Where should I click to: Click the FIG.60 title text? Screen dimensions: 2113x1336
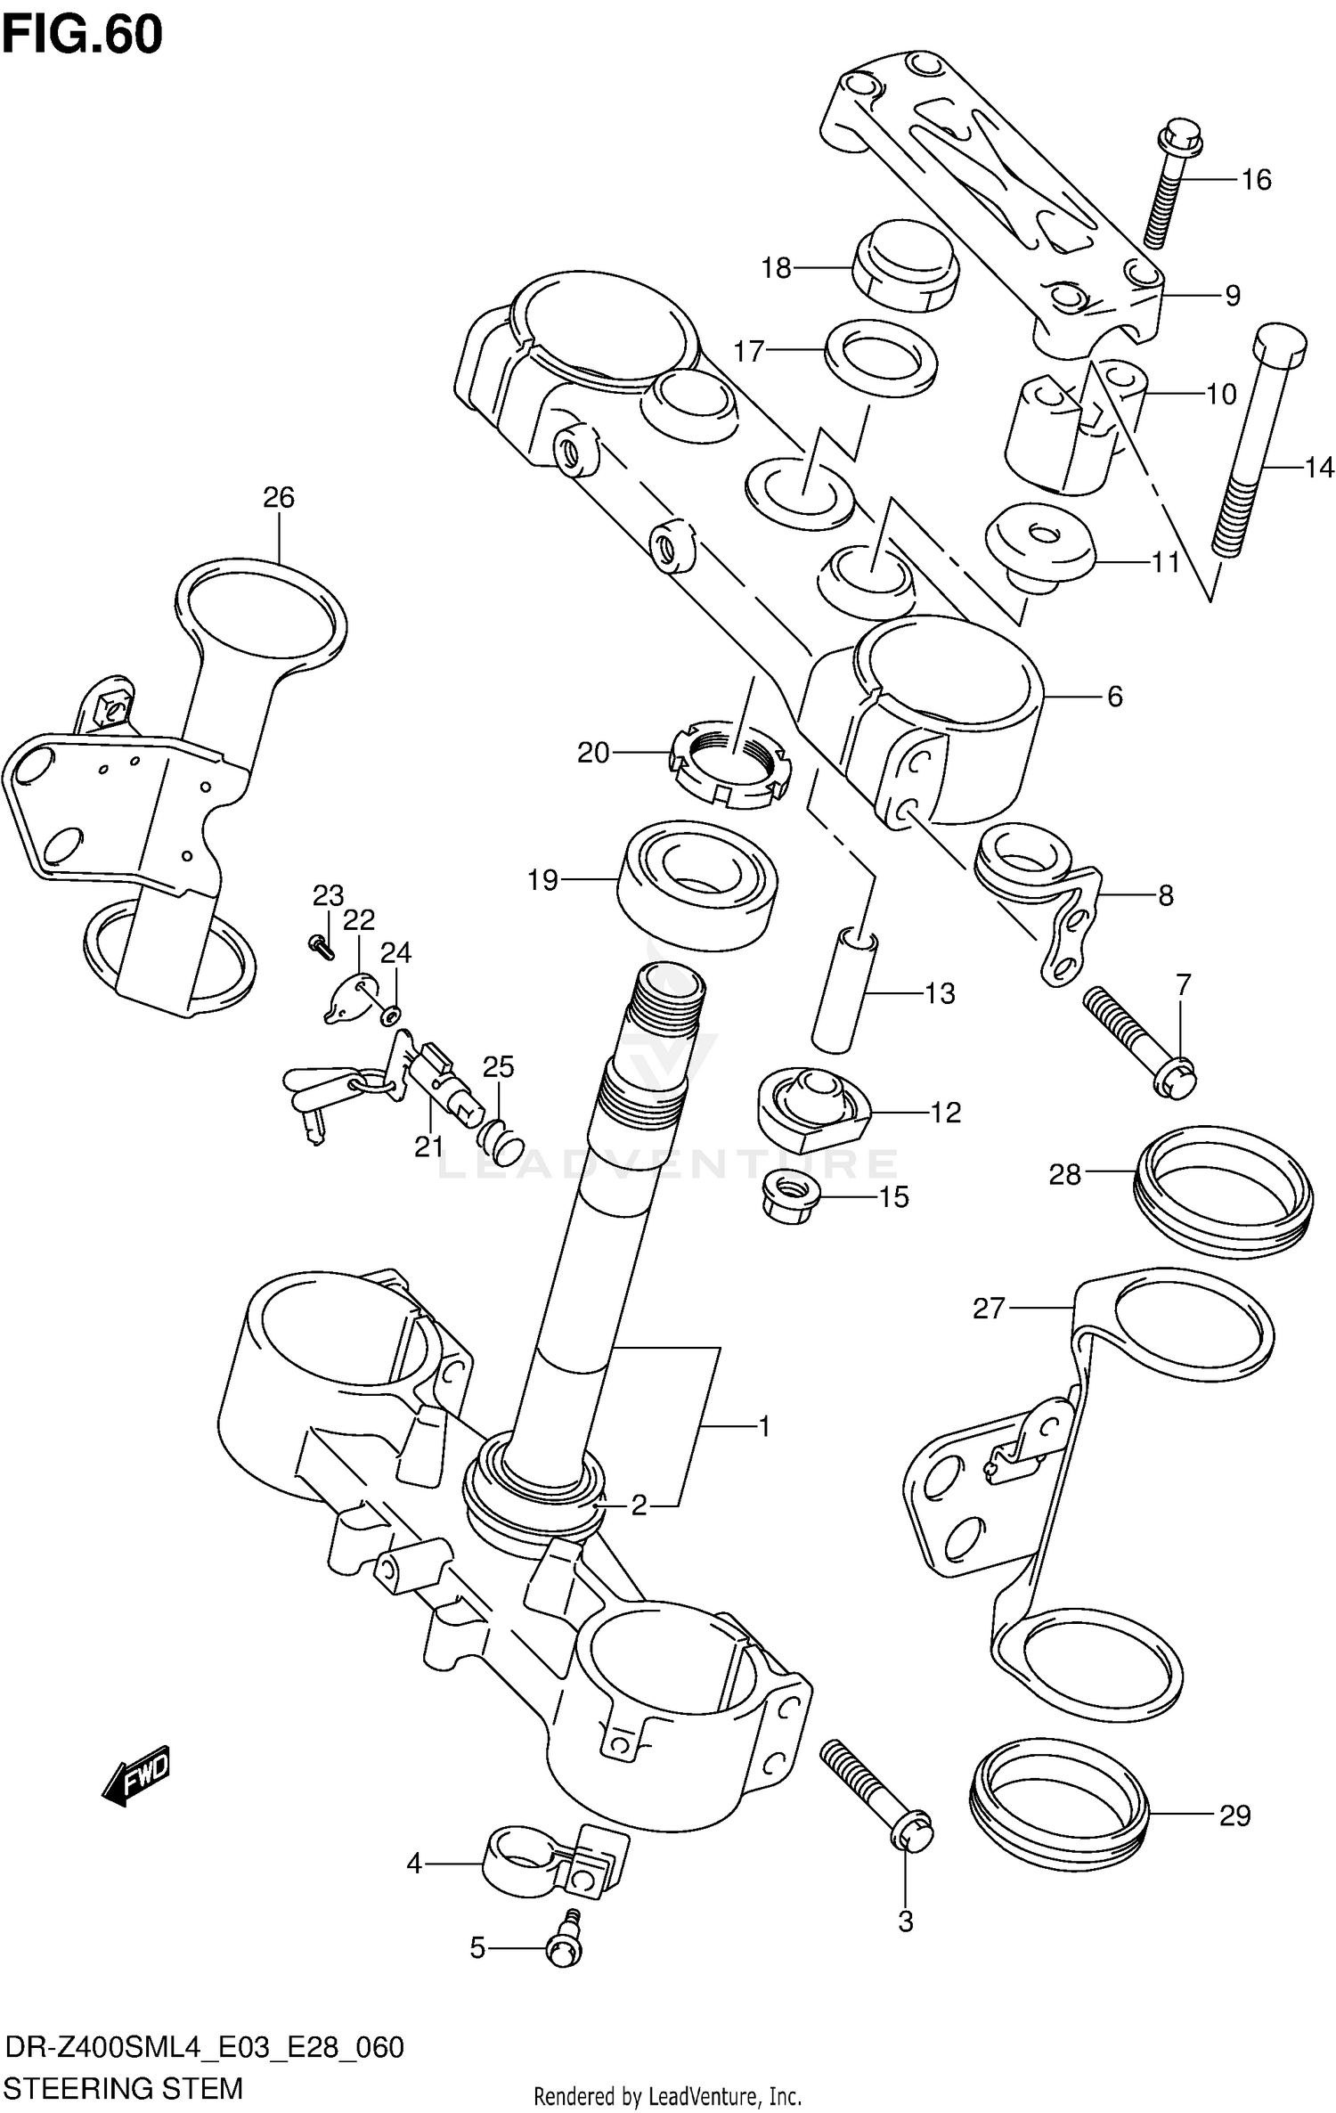click(x=82, y=36)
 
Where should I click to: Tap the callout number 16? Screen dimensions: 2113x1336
click(x=1256, y=180)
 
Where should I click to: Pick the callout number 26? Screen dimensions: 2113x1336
click(x=278, y=497)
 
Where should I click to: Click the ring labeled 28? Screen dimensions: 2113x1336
click(x=1223, y=1186)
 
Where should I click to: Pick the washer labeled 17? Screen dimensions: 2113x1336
click(x=880, y=353)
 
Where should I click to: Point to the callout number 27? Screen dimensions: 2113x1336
click(x=988, y=1309)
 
